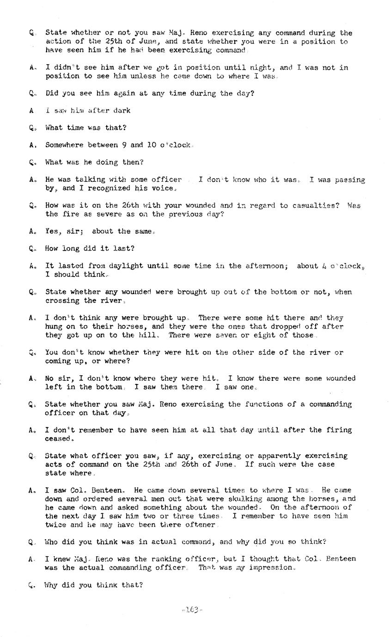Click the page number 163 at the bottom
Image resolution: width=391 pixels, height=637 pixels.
click(192, 610)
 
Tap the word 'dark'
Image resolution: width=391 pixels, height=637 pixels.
click(122, 110)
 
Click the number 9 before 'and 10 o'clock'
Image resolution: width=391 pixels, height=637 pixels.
click(124, 145)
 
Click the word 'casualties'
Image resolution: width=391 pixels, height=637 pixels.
click(316, 205)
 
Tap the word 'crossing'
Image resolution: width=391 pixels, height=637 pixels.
click(61, 300)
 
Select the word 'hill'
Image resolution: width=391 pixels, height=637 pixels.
click(151, 335)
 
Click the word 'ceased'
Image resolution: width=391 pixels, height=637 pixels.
click(58, 439)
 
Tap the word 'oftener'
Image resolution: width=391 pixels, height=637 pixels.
click(200, 525)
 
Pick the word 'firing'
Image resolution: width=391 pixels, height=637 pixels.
click(339, 430)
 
